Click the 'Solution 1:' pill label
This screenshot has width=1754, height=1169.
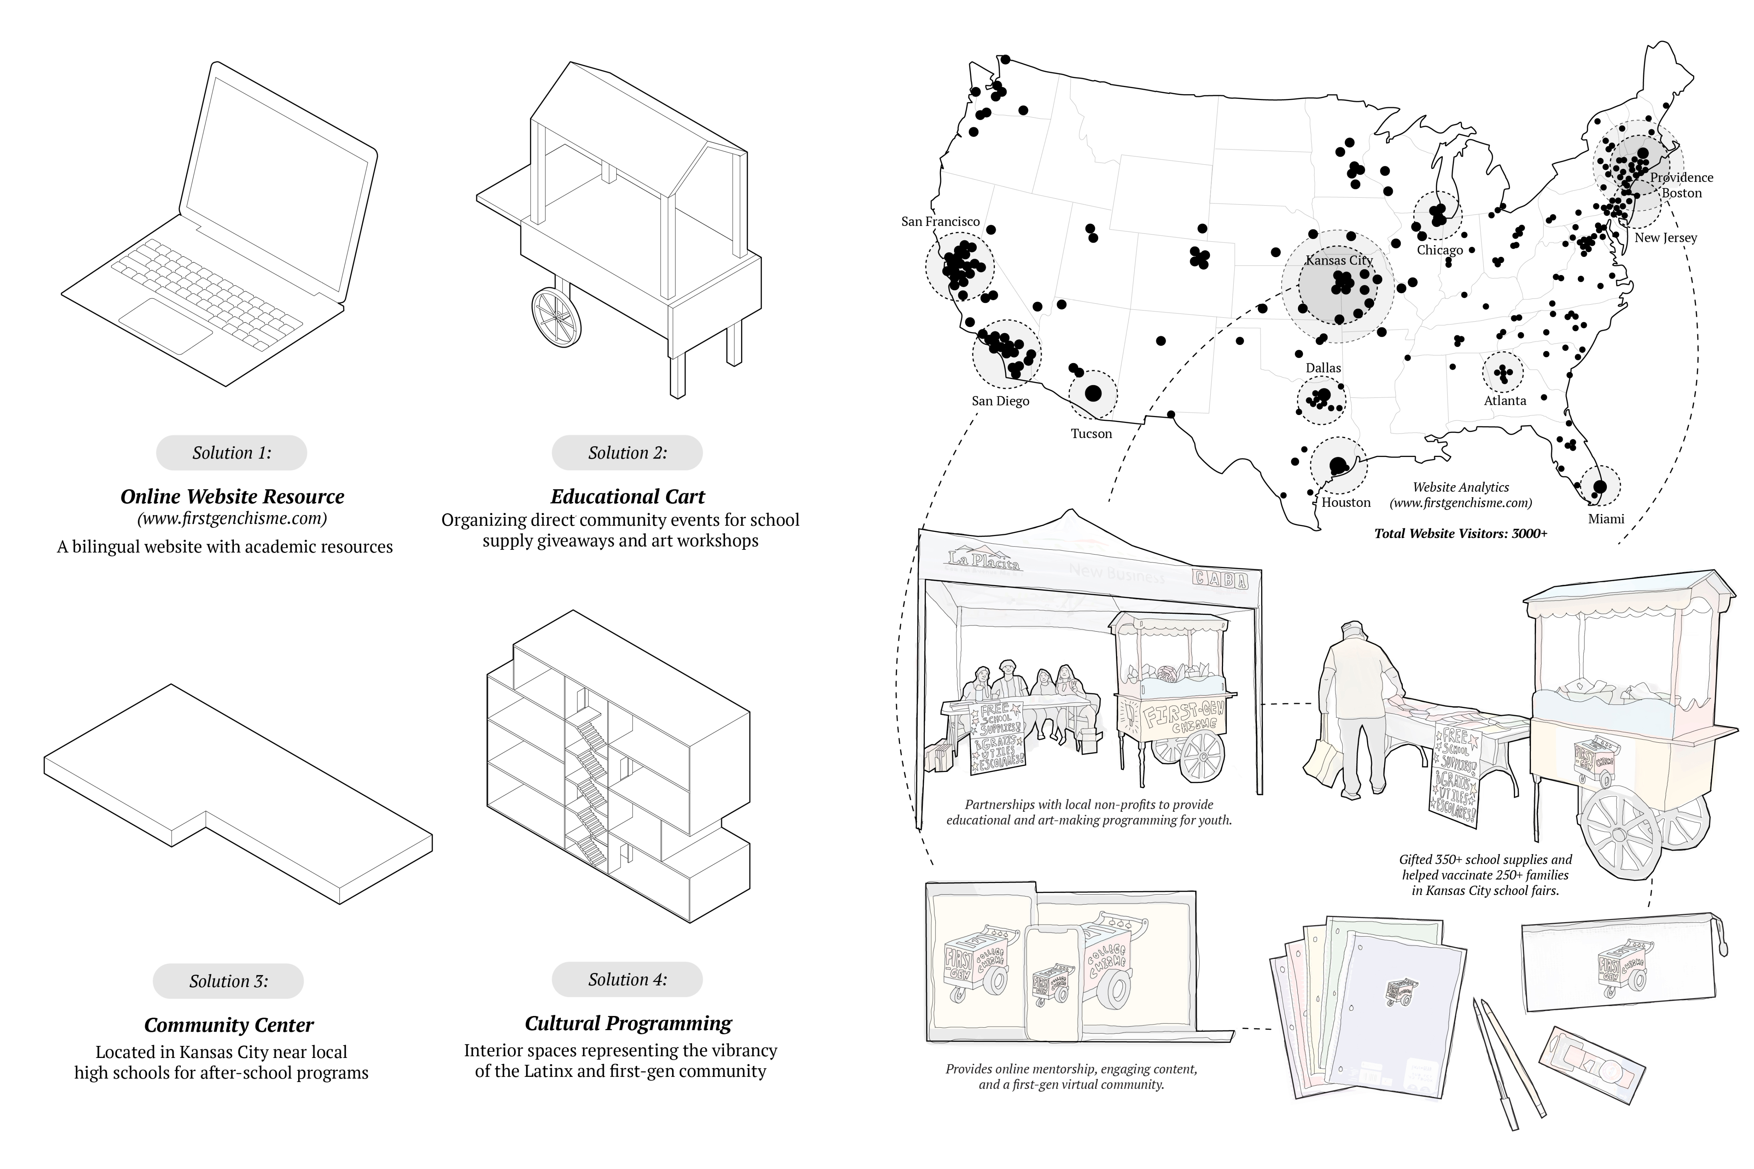[x=231, y=453]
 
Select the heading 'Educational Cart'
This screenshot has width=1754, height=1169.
[x=627, y=497]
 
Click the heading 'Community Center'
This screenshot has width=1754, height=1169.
[x=229, y=1025]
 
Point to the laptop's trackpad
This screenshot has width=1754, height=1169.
[x=166, y=326]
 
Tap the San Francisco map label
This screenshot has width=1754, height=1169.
[x=940, y=221]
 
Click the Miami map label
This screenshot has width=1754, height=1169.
[x=1606, y=519]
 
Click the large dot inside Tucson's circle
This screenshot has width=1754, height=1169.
[x=1093, y=393]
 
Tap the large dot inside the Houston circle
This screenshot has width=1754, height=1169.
[x=1338, y=466]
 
